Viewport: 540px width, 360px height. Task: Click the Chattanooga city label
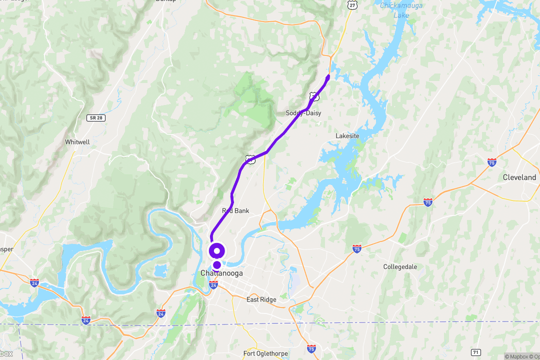(x=221, y=273)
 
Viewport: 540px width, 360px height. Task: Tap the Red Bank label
(x=235, y=211)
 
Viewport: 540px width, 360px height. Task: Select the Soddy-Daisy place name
(x=303, y=113)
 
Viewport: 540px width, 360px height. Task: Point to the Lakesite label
(x=347, y=136)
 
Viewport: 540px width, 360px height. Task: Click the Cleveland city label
(x=519, y=177)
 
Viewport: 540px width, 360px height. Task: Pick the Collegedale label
(x=400, y=267)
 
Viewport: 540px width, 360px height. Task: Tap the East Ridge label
(x=261, y=299)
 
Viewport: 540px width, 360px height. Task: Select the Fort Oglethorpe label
(x=265, y=354)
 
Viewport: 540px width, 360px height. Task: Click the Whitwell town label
(x=77, y=142)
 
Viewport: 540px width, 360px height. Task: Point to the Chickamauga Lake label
(x=401, y=10)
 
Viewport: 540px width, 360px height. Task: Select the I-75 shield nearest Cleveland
(x=492, y=162)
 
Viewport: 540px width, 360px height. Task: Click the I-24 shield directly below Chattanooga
(x=213, y=285)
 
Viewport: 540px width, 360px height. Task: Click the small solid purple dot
(x=217, y=264)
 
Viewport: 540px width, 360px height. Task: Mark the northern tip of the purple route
(x=328, y=76)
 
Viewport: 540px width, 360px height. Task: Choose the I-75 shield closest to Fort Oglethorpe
(x=311, y=348)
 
